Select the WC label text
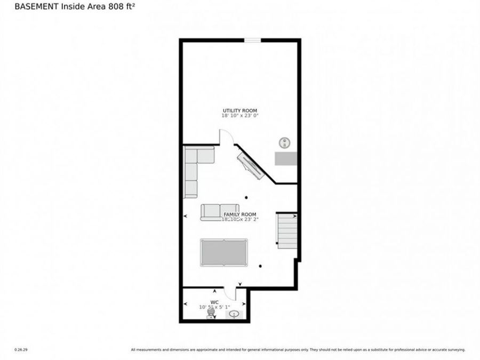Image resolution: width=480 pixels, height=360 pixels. (215, 301)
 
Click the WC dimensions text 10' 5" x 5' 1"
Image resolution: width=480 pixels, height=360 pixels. (215, 306)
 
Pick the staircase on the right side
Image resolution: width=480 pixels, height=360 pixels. (287, 231)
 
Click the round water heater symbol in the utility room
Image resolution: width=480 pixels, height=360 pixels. (285, 142)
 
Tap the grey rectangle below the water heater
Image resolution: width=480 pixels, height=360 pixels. (285, 158)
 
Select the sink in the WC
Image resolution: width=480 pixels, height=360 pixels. (234, 315)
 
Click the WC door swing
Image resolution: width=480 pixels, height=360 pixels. (230, 293)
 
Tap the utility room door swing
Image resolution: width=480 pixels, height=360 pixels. (225, 137)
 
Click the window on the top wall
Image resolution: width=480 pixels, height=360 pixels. (252, 40)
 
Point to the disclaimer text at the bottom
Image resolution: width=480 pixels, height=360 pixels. (298, 349)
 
